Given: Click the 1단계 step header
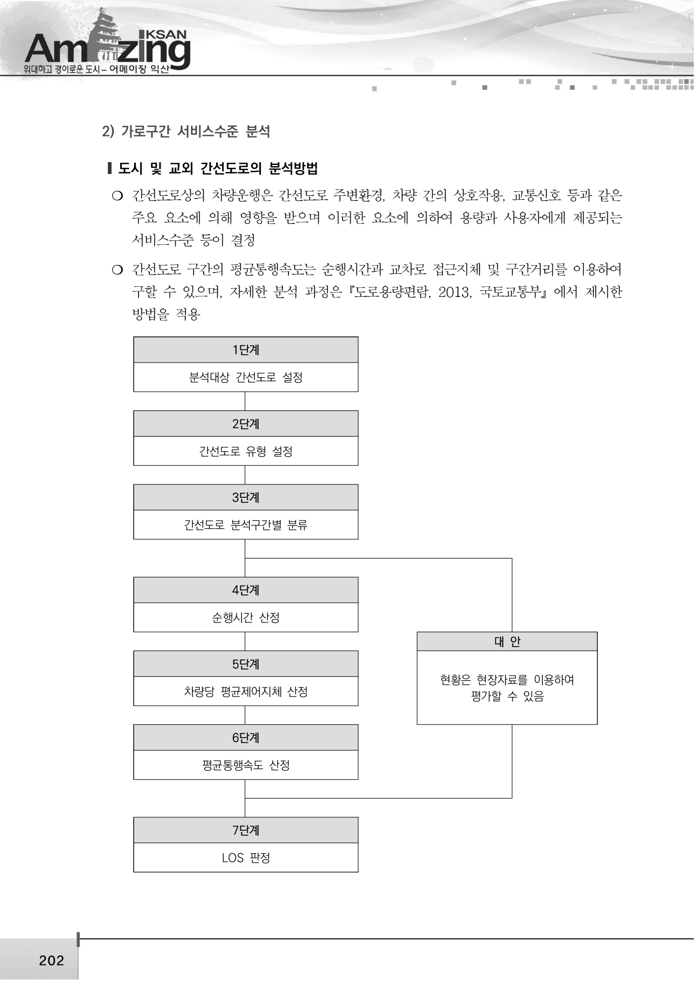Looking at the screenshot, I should (246, 350).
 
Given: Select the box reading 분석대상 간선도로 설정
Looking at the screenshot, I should (246, 377).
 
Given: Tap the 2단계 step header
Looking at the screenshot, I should (246, 424).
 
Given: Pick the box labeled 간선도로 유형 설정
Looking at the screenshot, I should (246, 451).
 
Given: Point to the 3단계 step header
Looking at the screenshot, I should (246, 498).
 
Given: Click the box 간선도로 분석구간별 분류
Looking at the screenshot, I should (246, 525).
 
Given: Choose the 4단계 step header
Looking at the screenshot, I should (246, 591).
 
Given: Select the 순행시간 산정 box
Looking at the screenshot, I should (246, 617).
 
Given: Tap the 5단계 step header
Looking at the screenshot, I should (246, 665).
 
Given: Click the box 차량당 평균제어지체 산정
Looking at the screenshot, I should (246, 692).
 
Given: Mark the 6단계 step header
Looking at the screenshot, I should (246, 738).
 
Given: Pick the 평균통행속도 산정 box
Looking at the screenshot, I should (246, 765).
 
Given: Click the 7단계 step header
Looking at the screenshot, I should (246, 831).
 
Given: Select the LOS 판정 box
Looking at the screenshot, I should (246, 858).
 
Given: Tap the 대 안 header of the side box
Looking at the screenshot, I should (507, 642).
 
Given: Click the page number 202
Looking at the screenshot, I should (52, 960).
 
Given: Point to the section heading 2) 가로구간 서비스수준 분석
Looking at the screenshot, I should (186, 131).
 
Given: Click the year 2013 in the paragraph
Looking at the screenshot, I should (455, 292).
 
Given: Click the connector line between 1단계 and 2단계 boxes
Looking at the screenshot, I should (245, 401).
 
